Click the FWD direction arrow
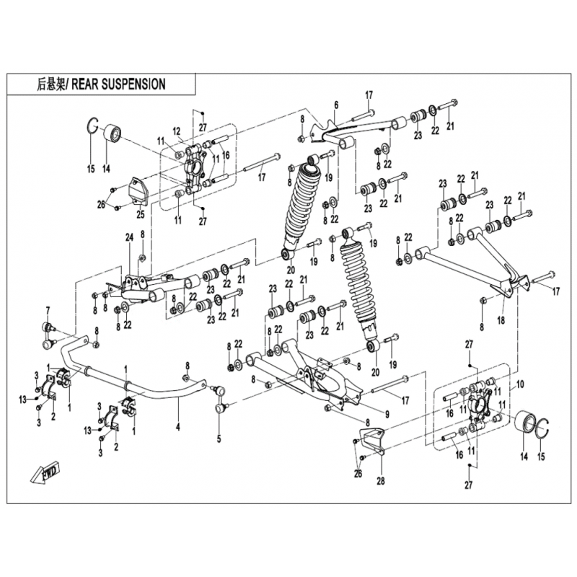(45, 475)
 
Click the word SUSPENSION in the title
(133, 84)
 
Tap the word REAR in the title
(84, 84)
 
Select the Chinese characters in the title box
(50, 84)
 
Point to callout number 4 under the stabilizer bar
(178, 427)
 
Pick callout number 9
(387, 414)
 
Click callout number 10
(520, 384)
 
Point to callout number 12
(176, 131)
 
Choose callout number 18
(501, 320)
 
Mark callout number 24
(129, 238)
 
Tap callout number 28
(381, 480)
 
